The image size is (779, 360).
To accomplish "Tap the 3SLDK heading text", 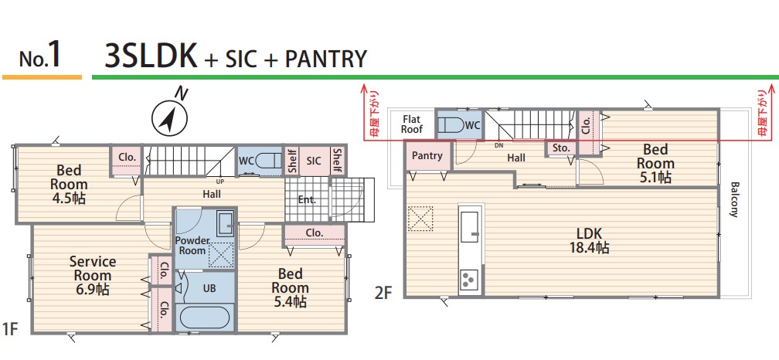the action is point(151,56).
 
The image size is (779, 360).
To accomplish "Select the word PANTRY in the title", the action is point(326,59).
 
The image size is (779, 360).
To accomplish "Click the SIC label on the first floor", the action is point(314,161).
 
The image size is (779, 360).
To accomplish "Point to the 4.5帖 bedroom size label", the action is point(69,199).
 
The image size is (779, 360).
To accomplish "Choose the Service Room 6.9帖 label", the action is point(93,276).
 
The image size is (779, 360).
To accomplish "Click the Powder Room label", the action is point(192,246).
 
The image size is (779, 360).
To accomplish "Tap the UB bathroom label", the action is point(209,288).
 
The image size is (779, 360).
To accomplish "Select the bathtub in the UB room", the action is point(204,318).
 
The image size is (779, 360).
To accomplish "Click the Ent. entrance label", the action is point(307,200).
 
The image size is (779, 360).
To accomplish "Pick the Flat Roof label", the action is point(412,124).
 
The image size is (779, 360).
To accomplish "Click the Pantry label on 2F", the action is point(427,155).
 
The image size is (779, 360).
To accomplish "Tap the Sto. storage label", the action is point(561,148).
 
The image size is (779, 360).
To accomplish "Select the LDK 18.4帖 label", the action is point(590,240).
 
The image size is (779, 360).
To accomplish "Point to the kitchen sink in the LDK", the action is point(470,227).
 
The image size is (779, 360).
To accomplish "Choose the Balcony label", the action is point(734,199).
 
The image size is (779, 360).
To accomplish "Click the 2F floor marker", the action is point(383,293).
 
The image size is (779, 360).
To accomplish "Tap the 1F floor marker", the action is point(10,328).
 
